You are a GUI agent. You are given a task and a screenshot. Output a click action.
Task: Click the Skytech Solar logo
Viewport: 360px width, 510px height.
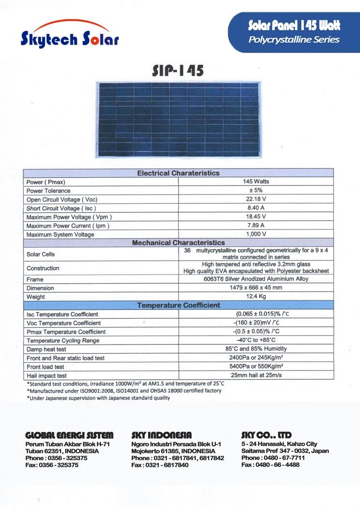point(69,34)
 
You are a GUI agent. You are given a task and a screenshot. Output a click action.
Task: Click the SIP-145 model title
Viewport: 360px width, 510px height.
point(178,70)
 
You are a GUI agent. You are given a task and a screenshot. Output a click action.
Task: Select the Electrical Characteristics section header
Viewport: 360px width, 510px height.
point(178,173)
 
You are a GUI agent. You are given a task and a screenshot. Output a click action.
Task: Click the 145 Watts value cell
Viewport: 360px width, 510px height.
point(256,182)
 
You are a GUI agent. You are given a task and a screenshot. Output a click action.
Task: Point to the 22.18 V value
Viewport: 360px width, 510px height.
point(256,199)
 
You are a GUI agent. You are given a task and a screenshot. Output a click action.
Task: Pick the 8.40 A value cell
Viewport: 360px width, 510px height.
point(256,208)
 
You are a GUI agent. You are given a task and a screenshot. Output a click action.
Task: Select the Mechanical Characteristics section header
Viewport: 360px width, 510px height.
point(178,243)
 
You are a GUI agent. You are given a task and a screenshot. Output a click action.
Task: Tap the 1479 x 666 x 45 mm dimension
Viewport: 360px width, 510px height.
point(256,288)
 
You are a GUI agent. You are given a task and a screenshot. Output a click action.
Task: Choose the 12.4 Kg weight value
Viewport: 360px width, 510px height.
point(256,296)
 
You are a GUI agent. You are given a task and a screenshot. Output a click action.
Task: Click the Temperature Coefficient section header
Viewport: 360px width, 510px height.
point(178,305)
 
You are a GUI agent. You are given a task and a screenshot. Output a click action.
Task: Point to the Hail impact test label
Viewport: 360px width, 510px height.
point(47,376)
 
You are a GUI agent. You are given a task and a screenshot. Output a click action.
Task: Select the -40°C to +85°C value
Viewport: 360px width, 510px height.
point(256,340)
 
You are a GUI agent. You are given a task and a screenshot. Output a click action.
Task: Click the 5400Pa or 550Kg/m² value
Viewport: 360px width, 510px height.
point(256,366)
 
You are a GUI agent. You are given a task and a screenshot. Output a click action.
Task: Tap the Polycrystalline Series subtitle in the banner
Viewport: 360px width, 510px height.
point(294,40)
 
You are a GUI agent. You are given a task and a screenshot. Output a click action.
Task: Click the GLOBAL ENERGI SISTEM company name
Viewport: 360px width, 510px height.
point(69,435)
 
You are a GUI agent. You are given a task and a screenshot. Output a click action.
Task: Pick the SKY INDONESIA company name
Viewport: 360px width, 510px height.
point(162,435)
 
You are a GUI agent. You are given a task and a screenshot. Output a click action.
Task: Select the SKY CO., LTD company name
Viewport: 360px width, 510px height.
point(266,435)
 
